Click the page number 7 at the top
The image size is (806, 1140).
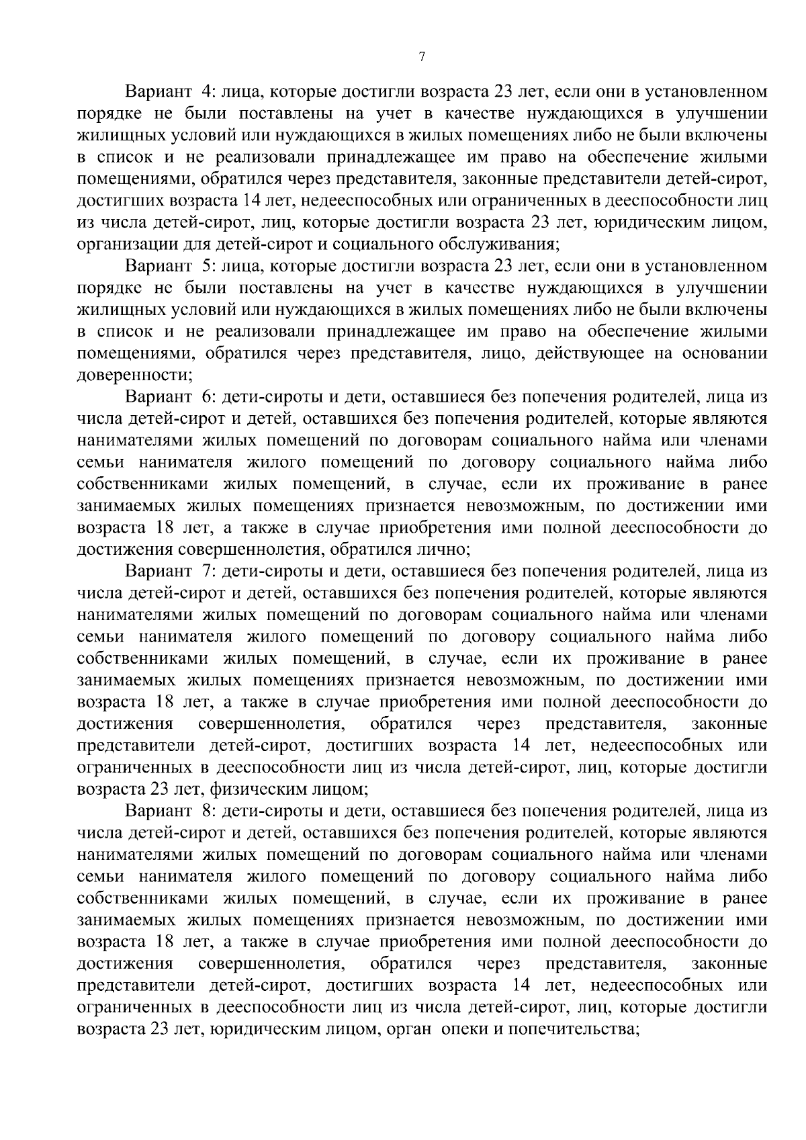click(x=422, y=58)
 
